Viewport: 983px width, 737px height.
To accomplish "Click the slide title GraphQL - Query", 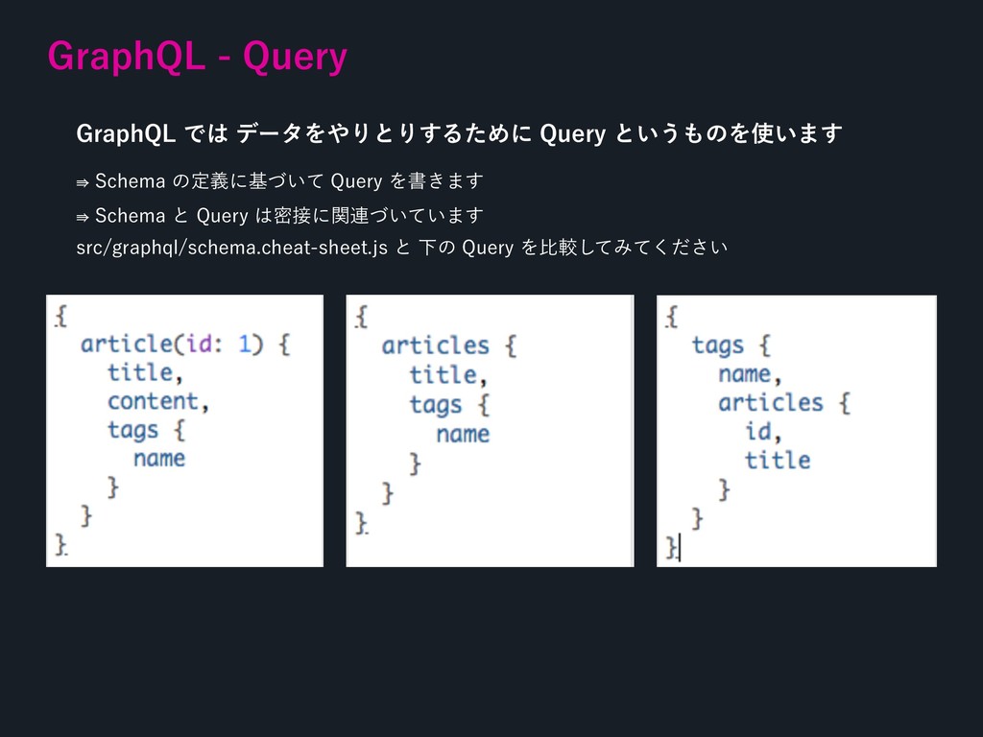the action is click(197, 58).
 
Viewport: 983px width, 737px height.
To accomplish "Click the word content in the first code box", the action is click(153, 400).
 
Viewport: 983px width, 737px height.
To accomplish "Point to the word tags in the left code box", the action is click(132, 429).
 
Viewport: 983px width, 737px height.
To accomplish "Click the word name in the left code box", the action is click(159, 458).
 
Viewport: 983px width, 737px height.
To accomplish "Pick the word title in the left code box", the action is click(140, 372).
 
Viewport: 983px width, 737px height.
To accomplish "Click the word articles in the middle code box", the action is click(435, 345).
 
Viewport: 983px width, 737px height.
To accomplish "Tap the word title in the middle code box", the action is click(442, 374).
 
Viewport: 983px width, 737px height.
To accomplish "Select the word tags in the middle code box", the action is click(435, 404).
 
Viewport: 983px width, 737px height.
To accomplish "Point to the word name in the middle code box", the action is click(463, 434).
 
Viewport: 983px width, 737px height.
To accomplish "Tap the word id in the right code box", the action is click(757, 431).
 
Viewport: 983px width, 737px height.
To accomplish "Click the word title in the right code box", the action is click(778, 460).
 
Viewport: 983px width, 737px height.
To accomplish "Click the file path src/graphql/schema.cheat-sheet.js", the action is click(231, 250).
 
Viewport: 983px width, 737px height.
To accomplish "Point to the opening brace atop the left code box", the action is click(60, 315).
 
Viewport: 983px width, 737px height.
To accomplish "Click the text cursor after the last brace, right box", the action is click(680, 547).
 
